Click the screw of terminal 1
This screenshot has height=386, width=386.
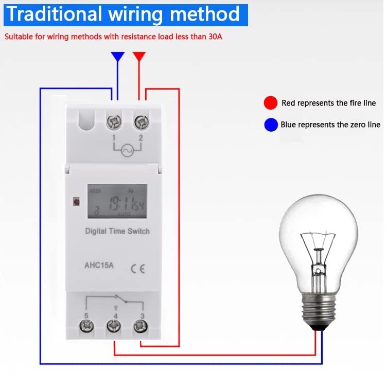pyautogui.click(x=114, y=123)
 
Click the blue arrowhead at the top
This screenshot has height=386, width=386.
pyautogui.click(x=118, y=57)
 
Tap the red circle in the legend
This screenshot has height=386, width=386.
pyautogui.click(x=270, y=103)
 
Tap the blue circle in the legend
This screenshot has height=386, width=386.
pyautogui.click(x=270, y=125)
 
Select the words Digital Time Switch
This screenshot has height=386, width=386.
pyautogui.click(x=117, y=231)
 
